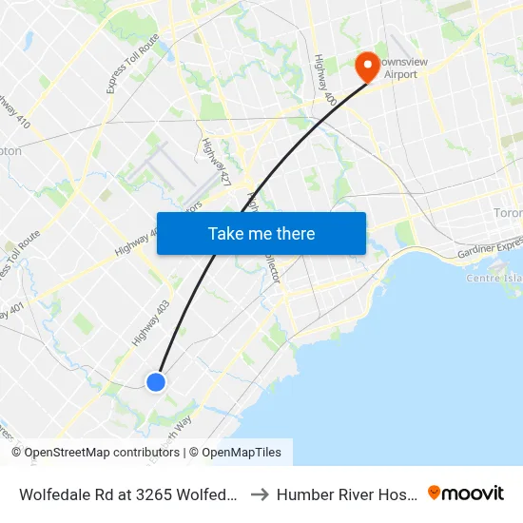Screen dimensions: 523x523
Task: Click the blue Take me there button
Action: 261,233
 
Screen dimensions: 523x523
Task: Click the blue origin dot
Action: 156,381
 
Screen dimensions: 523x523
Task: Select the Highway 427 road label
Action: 217,161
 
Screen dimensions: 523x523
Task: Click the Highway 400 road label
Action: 324,78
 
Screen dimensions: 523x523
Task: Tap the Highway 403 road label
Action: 150,323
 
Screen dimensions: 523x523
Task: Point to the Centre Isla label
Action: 494,279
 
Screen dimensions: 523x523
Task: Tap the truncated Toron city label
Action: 508,213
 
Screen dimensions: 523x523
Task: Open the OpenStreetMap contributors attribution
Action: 102,453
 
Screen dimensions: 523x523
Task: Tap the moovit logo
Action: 465,493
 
